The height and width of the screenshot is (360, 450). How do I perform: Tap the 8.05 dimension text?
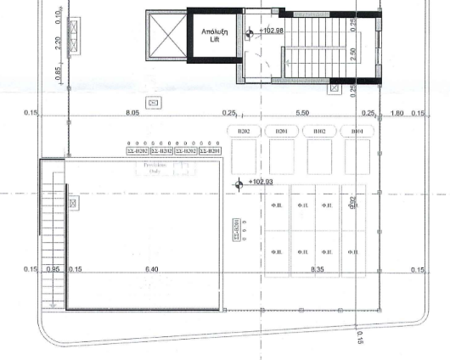tap(132, 112)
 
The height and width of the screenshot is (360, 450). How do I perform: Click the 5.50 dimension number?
tap(301, 112)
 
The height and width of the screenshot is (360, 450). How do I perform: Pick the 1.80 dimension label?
tap(397, 112)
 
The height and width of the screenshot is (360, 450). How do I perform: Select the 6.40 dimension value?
tap(153, 269)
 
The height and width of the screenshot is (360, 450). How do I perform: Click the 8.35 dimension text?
tap(318, 269)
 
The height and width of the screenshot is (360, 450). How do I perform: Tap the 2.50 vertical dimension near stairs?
tap(352, 53)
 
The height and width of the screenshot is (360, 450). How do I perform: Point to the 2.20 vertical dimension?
tap(59, 43)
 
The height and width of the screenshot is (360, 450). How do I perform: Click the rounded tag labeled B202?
tap(245, 132)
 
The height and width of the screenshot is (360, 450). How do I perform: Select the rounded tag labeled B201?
tap(282, 132)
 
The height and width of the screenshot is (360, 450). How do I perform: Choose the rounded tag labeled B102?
tap(319, 132)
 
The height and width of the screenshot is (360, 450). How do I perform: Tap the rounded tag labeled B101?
tap(357, 132)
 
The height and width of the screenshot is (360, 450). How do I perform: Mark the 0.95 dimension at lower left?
tap(53, 269)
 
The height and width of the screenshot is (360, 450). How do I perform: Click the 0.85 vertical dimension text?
tap(59, 75)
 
